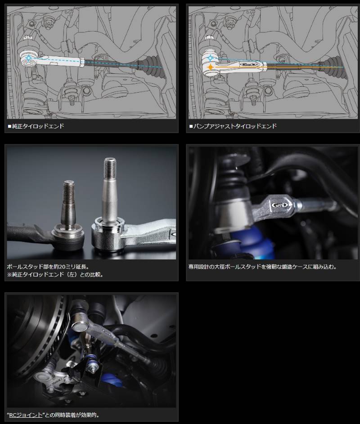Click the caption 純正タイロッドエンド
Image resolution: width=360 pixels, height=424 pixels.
(x=38, y=126)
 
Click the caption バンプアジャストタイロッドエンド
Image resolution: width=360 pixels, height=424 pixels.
(x=234, y=126)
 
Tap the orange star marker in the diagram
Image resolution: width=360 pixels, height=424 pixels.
(x=210, y=67)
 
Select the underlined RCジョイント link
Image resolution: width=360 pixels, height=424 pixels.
(x=27, y=415)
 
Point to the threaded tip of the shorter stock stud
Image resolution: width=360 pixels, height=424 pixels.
(x=68, y=189)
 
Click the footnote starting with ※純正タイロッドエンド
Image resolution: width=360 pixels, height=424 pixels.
(x=55, y=274)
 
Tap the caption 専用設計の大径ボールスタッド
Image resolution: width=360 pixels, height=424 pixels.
(x=262, y=266)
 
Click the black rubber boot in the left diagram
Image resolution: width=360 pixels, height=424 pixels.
(x=148, y=64)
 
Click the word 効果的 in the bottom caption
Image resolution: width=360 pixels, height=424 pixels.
(x=94, y=415)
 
